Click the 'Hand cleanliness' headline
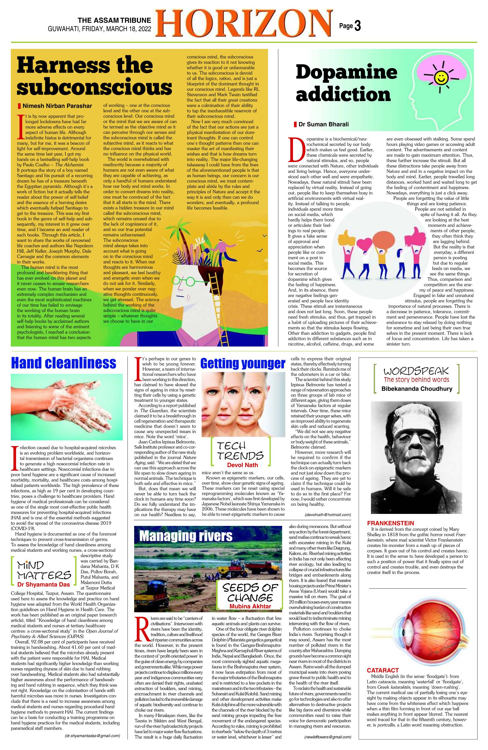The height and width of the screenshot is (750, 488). tap(63, 363)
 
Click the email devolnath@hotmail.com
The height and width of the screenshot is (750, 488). tap(327, 514)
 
